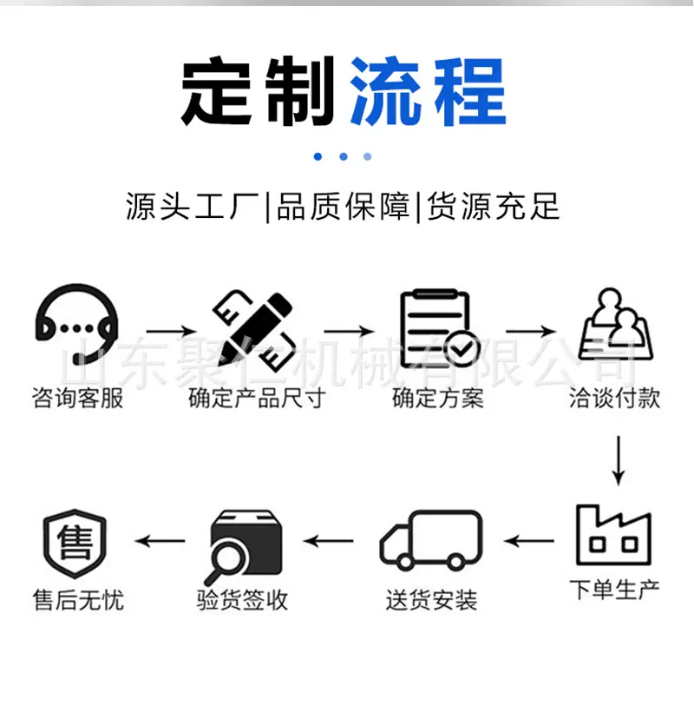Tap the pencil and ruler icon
click(253, 331)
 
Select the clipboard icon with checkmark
click(440, 329)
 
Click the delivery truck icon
click(431, 539)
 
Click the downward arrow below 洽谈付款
click(619, 460)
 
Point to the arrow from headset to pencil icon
click(172, 332)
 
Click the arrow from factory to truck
click(528, 540)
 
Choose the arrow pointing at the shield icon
click(160, 540)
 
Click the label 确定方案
click(438, 398)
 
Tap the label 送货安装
click(432, 600)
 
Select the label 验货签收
click(242, 600)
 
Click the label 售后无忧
click(78, 600)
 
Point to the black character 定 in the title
click(217, 91)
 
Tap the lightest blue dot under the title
click(368, 156)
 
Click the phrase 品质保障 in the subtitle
click(344, 207)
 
